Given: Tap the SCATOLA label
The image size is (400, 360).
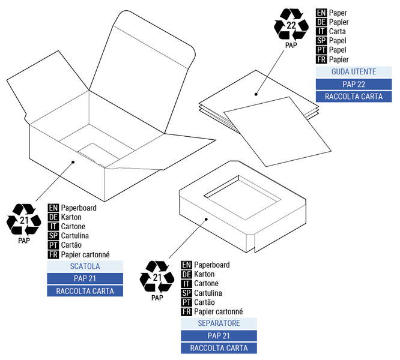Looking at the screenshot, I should [x=85, y=266].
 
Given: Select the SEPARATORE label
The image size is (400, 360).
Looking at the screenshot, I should [x=219, y=323].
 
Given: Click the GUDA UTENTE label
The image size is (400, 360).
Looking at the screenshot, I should [x=354, y=72].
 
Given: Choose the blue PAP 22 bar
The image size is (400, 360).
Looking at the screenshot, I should [x=354, y=84].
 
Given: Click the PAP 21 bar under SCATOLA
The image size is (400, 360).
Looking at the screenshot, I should [x=85, y=278].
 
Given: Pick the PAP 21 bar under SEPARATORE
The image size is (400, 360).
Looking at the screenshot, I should [x=219, y=336].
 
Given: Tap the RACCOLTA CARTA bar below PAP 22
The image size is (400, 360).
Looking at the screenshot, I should [x=354, y=97].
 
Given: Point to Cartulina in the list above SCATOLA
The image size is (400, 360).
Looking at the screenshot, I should [x=75, y=236].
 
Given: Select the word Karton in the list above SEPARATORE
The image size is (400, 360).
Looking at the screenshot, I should [x=205, y=274].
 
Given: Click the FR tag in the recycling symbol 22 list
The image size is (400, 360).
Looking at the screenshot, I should [x=321, y=59].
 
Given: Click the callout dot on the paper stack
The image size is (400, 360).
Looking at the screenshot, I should [x=256, y=94].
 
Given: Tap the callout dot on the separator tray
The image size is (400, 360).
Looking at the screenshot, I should [x=206, y=220].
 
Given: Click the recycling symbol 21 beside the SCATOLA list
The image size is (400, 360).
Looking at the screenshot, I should [x=23, y=220].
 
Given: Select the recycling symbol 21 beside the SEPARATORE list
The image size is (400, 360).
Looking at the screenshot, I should [x=157, y=277].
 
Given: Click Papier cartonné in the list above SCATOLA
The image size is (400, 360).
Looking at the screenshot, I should [x=85, y=254].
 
